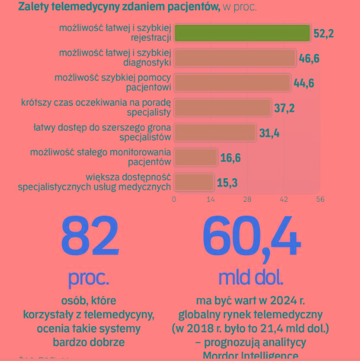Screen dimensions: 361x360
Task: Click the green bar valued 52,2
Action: click(x=242, y=33)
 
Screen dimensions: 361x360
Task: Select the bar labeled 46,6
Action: click(x=234, y=58)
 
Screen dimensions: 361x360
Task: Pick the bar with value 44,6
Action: click(x=232, y=83)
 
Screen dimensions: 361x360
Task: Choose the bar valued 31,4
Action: click(x=214, y=133)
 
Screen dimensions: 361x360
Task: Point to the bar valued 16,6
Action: click(x=195, y=157)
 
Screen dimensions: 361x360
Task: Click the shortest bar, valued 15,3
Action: click(x=194, y=182)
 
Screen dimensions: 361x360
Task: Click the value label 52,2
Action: click(x=323, y=34)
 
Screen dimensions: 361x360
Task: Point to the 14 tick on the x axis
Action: click(x=210, y=199)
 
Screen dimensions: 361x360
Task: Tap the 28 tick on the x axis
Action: click(x=247, y=199)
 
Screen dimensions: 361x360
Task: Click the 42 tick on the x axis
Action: click(x=284, y=199)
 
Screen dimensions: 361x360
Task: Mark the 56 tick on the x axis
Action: click(x=320, y=199)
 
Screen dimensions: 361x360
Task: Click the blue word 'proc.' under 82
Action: click(x=89, y=277)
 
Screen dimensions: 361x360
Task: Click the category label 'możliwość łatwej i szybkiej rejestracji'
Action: click(x=115, y=33)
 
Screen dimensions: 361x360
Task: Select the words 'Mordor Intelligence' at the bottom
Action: click(x=250, y=355)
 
